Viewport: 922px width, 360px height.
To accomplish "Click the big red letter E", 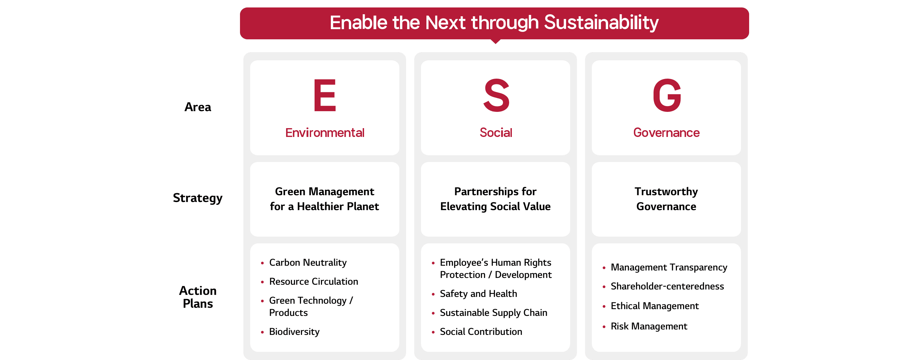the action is (x=325, y=95).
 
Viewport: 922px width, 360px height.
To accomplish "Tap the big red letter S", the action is (x=496, y=95).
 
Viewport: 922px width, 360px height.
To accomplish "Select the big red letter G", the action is (x=667, y=95).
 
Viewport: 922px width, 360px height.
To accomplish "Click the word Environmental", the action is (x=325, y=133).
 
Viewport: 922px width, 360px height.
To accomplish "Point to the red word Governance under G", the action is (x=666, y=133).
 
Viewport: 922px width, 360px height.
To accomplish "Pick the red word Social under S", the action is (x=496, y=133).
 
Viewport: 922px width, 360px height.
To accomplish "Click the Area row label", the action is (x=198, y=107).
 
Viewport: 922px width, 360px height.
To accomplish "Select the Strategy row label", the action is (x=198, y=198).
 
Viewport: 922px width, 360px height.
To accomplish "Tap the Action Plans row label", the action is (x=198, y=297).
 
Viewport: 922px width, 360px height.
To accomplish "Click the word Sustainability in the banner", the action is (x=601, y=23).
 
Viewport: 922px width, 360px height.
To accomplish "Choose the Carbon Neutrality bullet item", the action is (x=308, y=263).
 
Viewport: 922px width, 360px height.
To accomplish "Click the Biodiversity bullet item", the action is (x=294, y=332).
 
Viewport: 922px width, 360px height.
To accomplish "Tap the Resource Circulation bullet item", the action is (x=314, y=282).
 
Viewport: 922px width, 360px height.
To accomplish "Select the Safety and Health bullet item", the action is (x=479, y=294).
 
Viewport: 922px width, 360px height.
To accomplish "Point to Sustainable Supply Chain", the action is (x=494, y=313).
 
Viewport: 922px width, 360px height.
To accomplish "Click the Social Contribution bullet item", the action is (x=481, y=332).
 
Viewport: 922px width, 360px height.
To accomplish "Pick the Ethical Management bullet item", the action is (x=655, y=306).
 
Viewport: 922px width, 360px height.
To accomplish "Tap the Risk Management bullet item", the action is (x=649, y=326).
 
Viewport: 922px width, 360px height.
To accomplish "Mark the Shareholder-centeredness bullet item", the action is (x=667, y=286).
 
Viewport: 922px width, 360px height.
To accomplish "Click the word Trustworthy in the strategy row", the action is (x=666, y=192).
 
